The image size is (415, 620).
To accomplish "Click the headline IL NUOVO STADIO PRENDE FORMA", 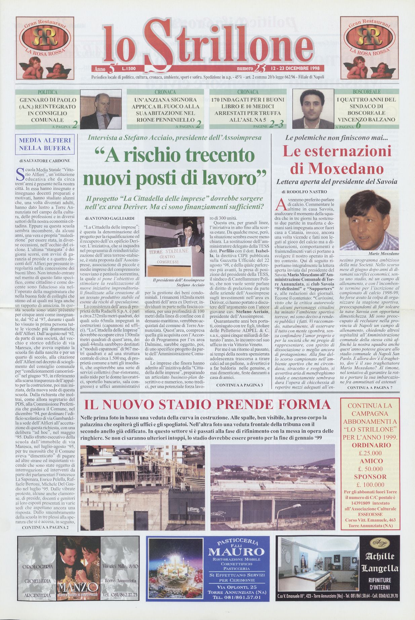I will click(x=207, y=404).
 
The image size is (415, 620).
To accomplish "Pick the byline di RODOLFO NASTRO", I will click(x=304, y=192).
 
